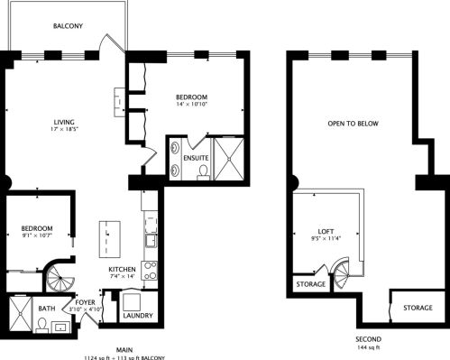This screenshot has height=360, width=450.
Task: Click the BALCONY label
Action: [68, 26]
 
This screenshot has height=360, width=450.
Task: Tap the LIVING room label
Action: [63, 122]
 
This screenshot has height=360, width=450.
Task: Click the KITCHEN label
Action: [122, 270]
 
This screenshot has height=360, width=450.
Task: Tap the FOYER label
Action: [86, 301]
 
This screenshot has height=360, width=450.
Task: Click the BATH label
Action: [46, 308]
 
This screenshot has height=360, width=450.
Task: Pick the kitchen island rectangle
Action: [109, 237]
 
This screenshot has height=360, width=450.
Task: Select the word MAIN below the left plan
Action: [125, 348]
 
